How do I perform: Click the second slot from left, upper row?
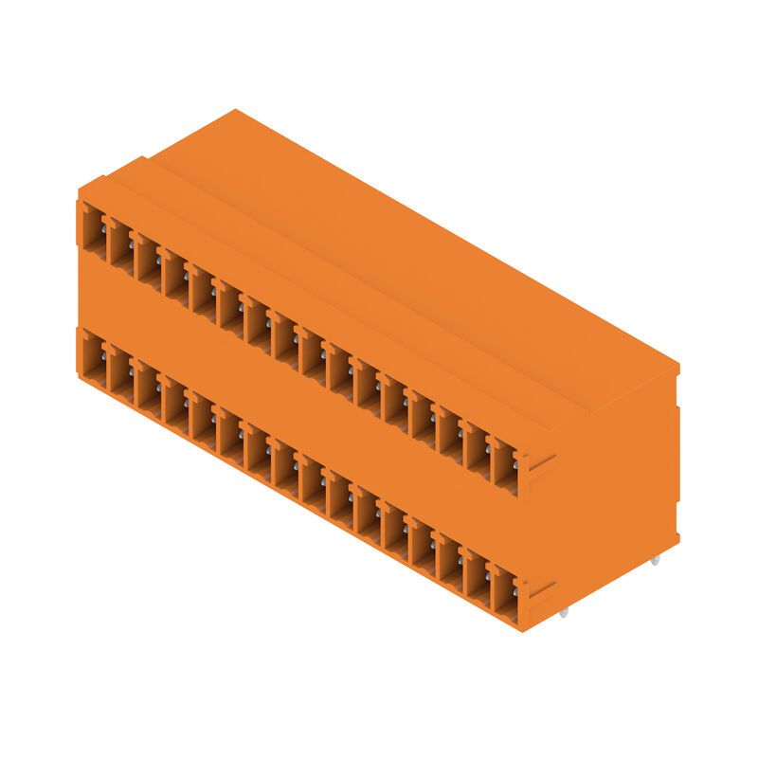tap(120, 246)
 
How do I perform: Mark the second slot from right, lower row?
tap(478, 581)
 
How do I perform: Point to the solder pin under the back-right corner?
tap(655, 562)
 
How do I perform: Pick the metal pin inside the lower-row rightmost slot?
tap(515, 591)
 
